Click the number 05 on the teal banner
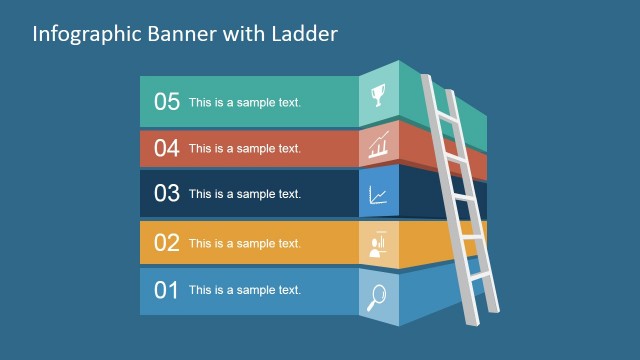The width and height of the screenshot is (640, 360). tap(166, 101)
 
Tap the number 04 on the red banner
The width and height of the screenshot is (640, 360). tap(166, 148)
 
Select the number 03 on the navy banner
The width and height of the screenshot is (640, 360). tap(166, 194)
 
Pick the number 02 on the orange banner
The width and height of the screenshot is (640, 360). tap(166, 243)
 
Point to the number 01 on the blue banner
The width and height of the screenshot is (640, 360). tap(166, 291)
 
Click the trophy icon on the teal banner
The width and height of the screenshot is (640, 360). tap(379, 96)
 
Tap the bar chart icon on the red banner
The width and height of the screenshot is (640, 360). tap(379, 147)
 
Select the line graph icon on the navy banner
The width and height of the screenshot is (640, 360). tap(379, 195)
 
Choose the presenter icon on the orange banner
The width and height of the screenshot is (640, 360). tap(379, 245)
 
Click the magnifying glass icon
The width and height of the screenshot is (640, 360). tap(379, 295)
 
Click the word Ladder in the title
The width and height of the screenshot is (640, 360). tap(306, 33)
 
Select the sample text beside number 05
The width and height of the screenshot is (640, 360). tap(245, 102)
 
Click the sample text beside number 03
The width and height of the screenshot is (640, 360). tap(245, 194)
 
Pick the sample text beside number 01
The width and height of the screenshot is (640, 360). tap(245, 291)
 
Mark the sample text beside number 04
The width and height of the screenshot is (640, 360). tap(245, 149)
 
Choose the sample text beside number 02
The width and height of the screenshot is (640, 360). tap(245, 243)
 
